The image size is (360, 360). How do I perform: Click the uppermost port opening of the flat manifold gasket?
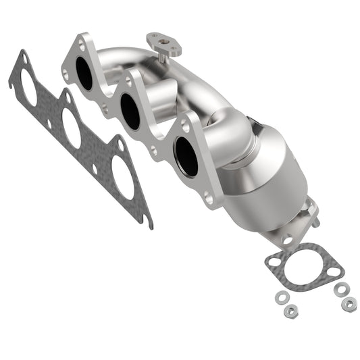(30, 87)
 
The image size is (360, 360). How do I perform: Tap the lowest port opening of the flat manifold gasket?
(123, 178)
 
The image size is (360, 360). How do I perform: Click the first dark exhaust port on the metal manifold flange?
(84, 74)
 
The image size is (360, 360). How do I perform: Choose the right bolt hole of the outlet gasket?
(332, 274)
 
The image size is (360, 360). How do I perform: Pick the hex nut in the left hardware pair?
(290, 309)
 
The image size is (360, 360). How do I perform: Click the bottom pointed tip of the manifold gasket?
(148, 224)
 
